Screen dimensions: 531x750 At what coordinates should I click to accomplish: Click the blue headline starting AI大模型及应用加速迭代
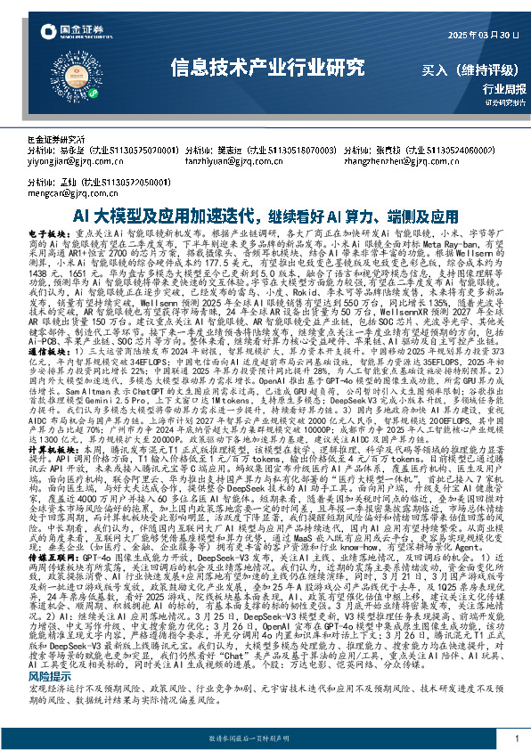coord(265,216)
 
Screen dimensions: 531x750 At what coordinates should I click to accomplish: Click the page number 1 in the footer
coord(517,738)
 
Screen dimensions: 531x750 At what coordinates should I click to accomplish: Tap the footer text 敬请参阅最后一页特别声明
coord(265,739)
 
